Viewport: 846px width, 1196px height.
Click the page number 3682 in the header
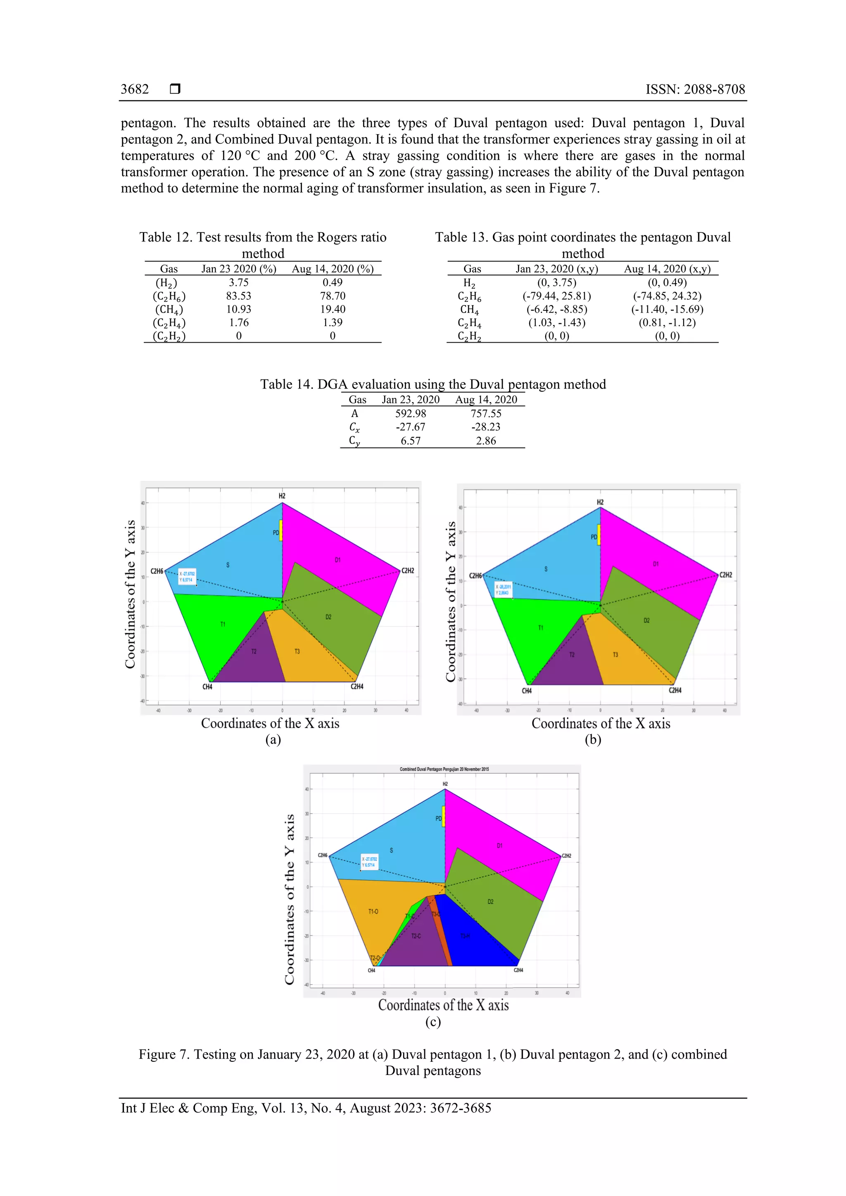[x=135, y=90]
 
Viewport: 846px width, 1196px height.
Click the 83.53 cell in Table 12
[x=238, y=296]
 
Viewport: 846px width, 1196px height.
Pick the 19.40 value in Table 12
[x=333, y=309]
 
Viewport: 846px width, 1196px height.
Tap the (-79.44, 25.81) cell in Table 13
[x=557, y=296]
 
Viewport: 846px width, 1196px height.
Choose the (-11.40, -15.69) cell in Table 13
[x=667, y=309]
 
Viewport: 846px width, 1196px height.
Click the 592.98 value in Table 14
[x=410, y=414]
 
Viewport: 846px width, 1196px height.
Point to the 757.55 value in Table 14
[x=485, y=414]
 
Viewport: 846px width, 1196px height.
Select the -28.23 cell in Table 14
[x=485, y=427]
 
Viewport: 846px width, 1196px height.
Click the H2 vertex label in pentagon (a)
[x=282, y=496]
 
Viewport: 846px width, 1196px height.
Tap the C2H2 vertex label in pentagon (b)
[x=726, y=575]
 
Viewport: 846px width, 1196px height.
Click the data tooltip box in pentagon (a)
[x=187, y=577]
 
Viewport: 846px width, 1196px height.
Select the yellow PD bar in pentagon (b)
[x=599, y=535]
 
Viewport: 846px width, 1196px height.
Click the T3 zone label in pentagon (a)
[x=297, y=651]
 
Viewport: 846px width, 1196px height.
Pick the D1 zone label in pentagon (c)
[x=499, y=846]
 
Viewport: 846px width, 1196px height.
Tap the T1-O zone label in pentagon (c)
[x=373, y=912]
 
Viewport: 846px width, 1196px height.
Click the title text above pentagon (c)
[x=444, y=769]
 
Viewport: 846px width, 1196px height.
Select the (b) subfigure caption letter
[x=593, y=740]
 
